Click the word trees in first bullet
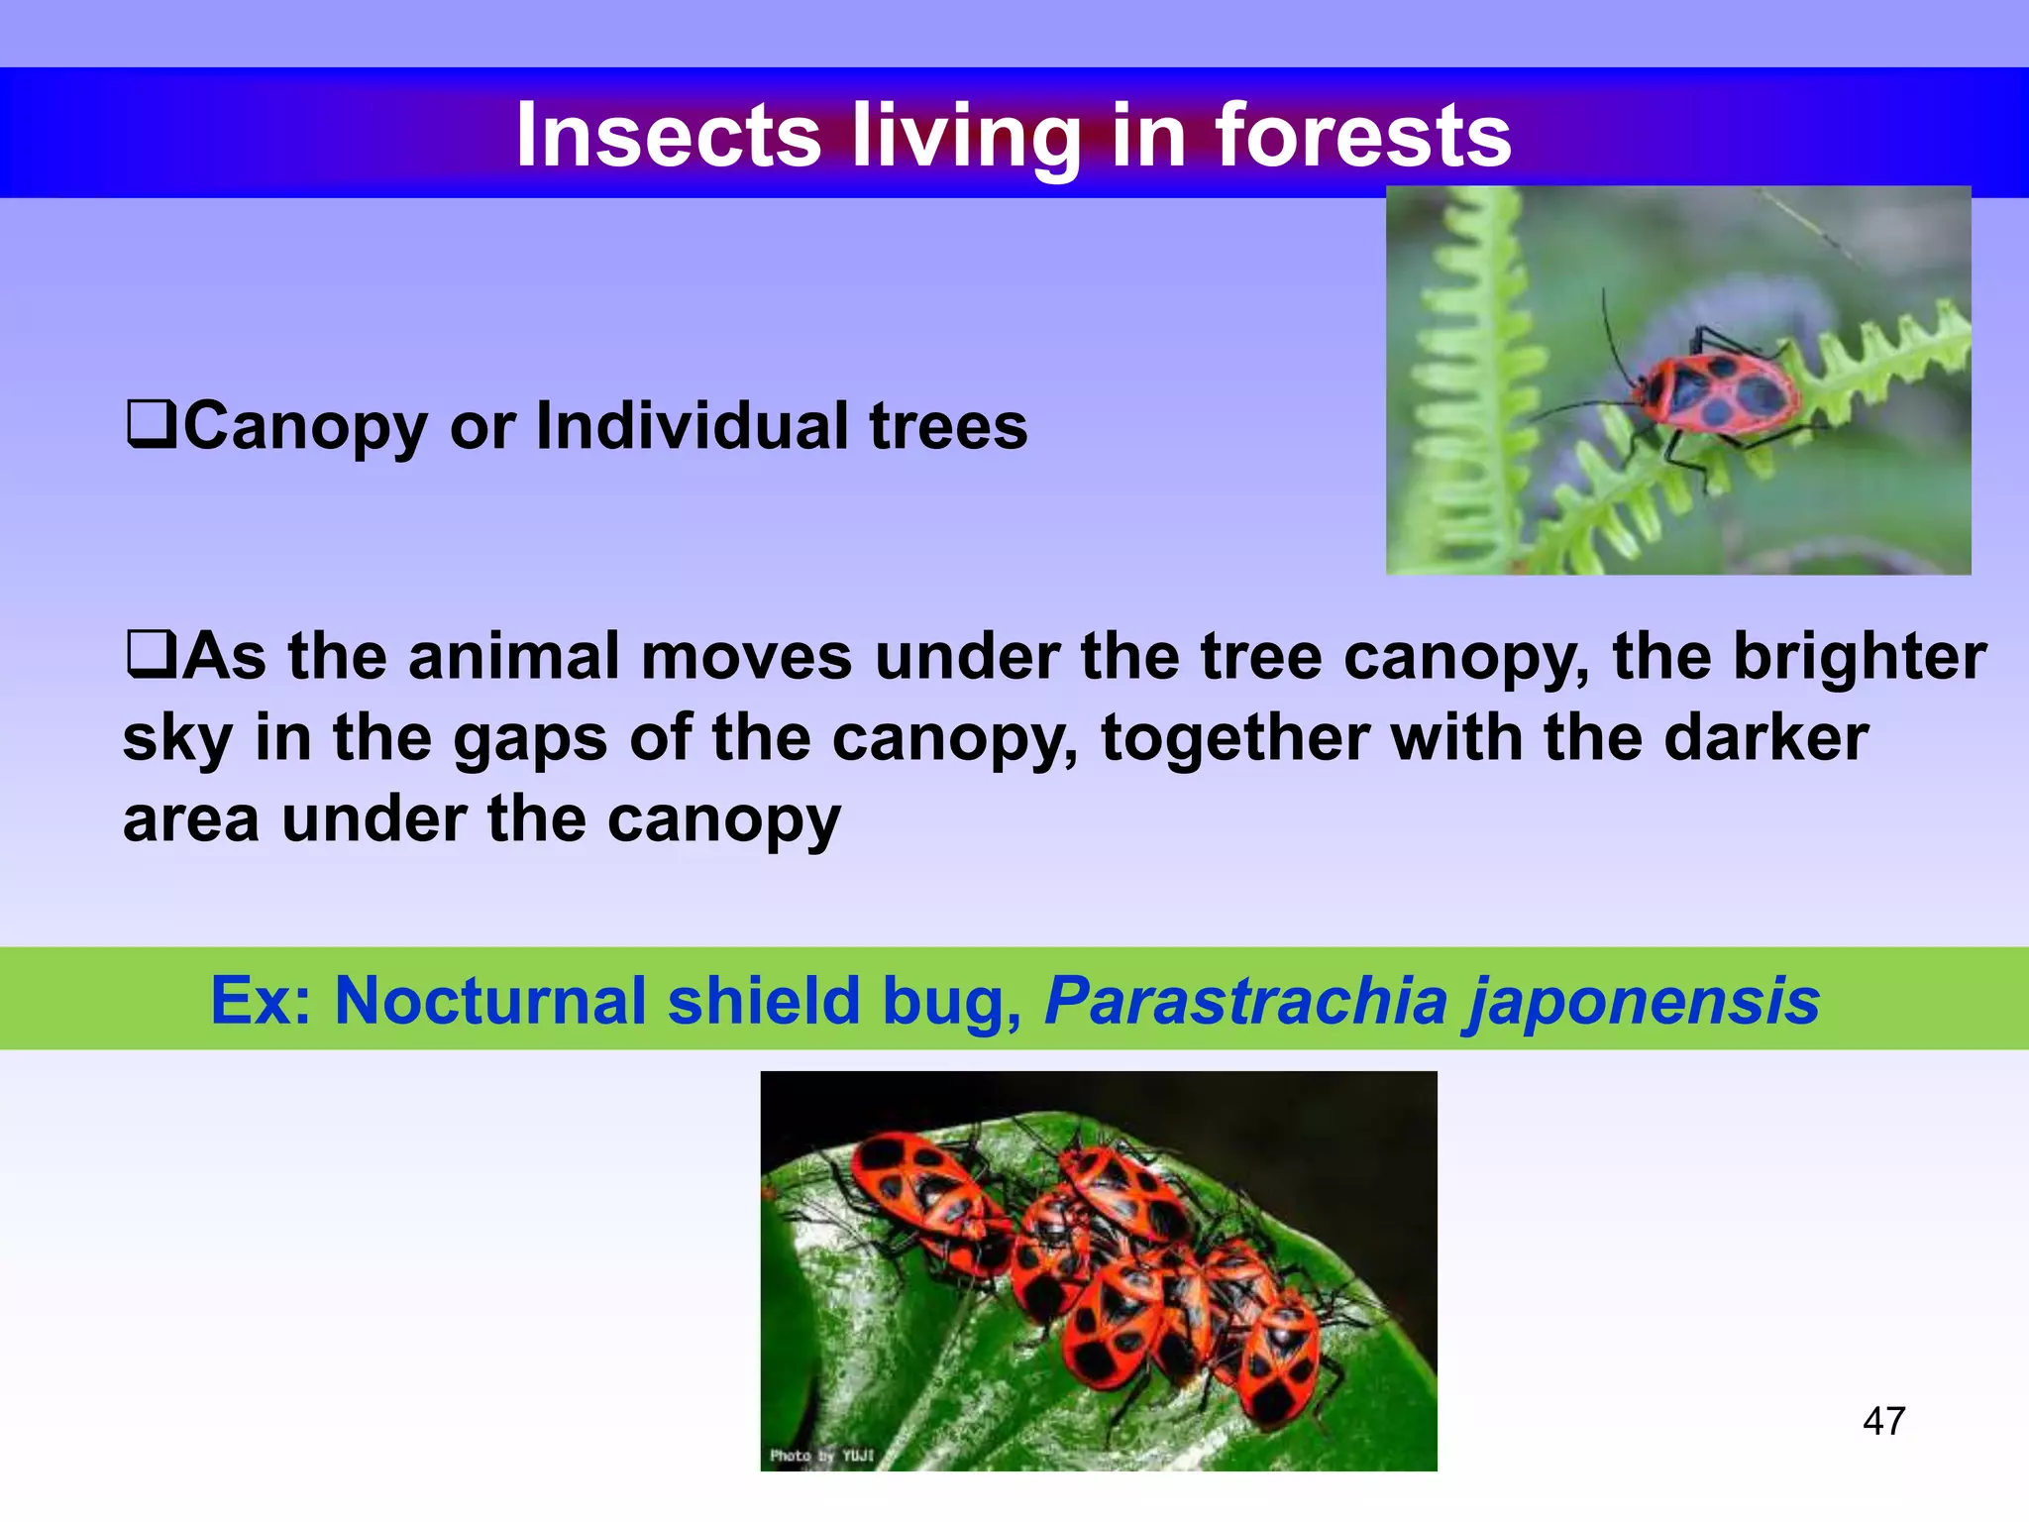point(948,426)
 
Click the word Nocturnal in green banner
point(489,1000)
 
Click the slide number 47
point(1883,1421)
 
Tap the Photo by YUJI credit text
point(821,1455)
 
